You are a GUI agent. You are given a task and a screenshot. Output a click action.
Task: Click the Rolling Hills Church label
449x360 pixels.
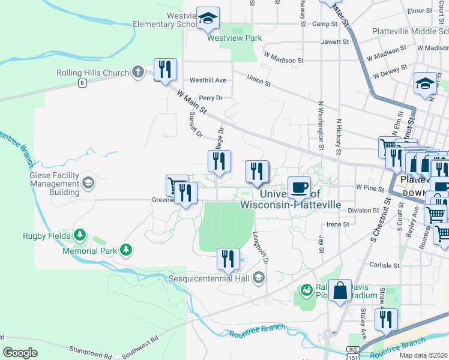pos(92,73)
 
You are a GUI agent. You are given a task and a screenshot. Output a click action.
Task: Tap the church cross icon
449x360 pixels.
pos(138,73)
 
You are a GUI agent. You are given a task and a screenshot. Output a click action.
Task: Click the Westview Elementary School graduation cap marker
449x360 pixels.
pos(208,19)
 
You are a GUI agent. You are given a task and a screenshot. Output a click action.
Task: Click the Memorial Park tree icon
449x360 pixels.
pos(125,249)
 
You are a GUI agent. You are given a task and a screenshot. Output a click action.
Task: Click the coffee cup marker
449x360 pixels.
pos(300,187)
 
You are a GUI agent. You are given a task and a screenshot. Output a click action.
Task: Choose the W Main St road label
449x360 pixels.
pos(192,102)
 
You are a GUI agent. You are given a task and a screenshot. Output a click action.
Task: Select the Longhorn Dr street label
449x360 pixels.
pos(261,248)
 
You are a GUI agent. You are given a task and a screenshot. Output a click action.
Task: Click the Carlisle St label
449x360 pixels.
pos(385,265)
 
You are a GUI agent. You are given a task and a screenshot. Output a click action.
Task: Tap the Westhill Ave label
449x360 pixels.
pos(208,80)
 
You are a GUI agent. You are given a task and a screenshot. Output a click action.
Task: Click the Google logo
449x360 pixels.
pos(20,353)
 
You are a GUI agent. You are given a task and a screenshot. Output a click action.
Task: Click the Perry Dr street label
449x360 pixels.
pos(211,98)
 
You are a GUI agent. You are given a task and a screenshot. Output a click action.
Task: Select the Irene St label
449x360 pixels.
pos(337,224)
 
